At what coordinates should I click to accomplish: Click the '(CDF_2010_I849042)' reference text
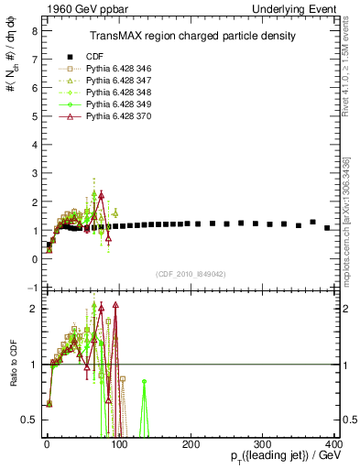191,273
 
